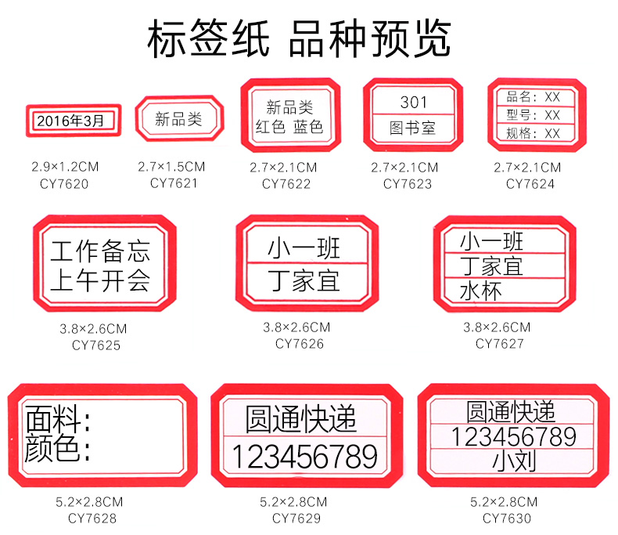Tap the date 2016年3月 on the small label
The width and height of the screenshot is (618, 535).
69,121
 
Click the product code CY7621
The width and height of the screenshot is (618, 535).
174,183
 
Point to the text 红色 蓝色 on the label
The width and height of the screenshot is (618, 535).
289,127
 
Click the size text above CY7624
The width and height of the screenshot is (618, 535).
527,168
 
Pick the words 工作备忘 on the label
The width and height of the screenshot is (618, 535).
100,252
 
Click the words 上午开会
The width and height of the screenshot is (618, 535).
100,280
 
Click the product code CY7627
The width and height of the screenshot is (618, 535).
498,343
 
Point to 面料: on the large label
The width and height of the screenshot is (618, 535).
59,421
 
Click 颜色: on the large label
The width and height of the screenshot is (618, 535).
59,450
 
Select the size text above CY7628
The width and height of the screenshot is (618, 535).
89,502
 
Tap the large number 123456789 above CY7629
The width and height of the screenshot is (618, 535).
305,456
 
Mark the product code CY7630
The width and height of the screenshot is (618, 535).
506,518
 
